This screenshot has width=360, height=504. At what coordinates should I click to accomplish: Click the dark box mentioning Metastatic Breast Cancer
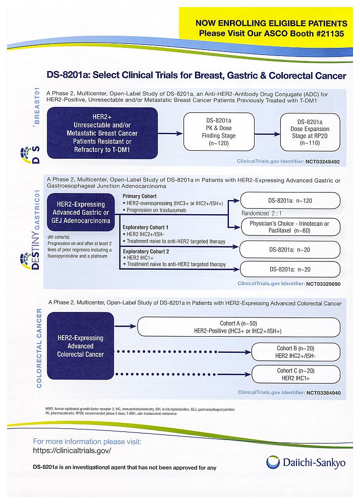(102, 133)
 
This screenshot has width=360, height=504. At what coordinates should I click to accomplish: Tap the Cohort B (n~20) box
(295, 352)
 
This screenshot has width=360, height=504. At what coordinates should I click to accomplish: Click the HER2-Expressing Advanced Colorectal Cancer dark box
(81, 346)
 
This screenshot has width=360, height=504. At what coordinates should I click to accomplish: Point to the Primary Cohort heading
(140, 196)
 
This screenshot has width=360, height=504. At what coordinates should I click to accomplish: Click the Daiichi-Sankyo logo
(306, 463)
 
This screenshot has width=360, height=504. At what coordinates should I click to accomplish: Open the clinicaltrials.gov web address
(72, 451)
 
